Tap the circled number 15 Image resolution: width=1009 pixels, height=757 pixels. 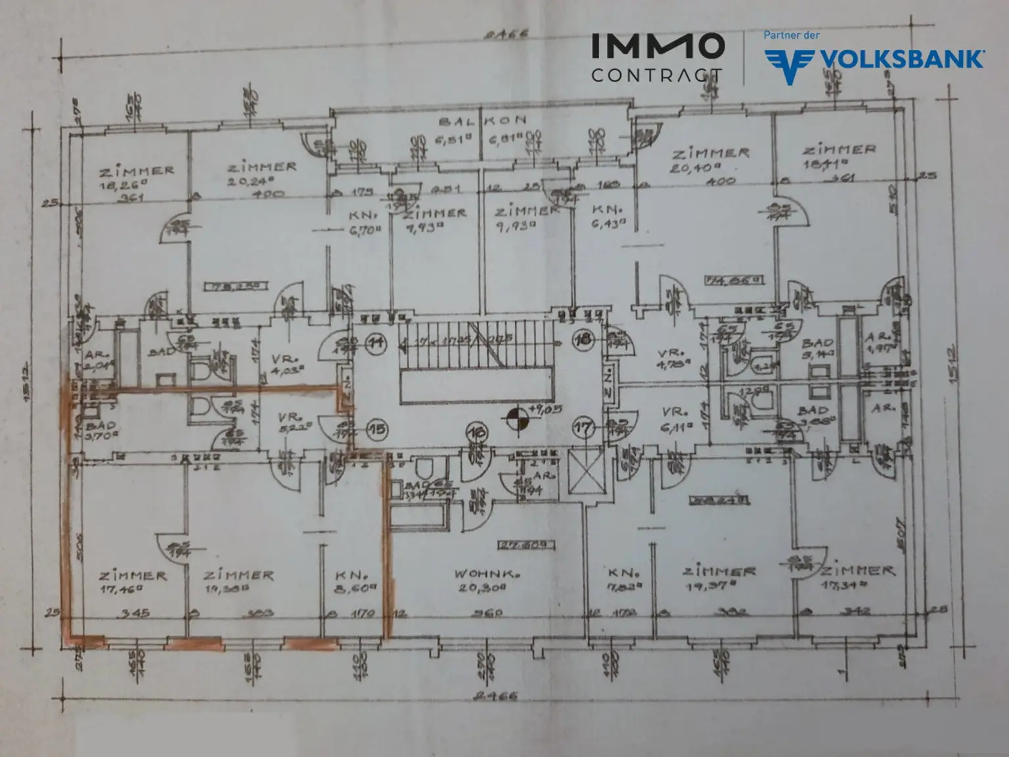click(376, 430)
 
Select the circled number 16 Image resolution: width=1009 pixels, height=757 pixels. click(476, 432)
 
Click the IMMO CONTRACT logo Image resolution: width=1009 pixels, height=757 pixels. click(657, 58)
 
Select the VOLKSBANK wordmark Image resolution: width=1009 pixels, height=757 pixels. click(901, 59)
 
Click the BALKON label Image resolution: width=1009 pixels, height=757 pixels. click(483, 121)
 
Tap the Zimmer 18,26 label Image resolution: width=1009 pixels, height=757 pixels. click(137, 177)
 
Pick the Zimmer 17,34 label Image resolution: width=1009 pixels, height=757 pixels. click(857, 578)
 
